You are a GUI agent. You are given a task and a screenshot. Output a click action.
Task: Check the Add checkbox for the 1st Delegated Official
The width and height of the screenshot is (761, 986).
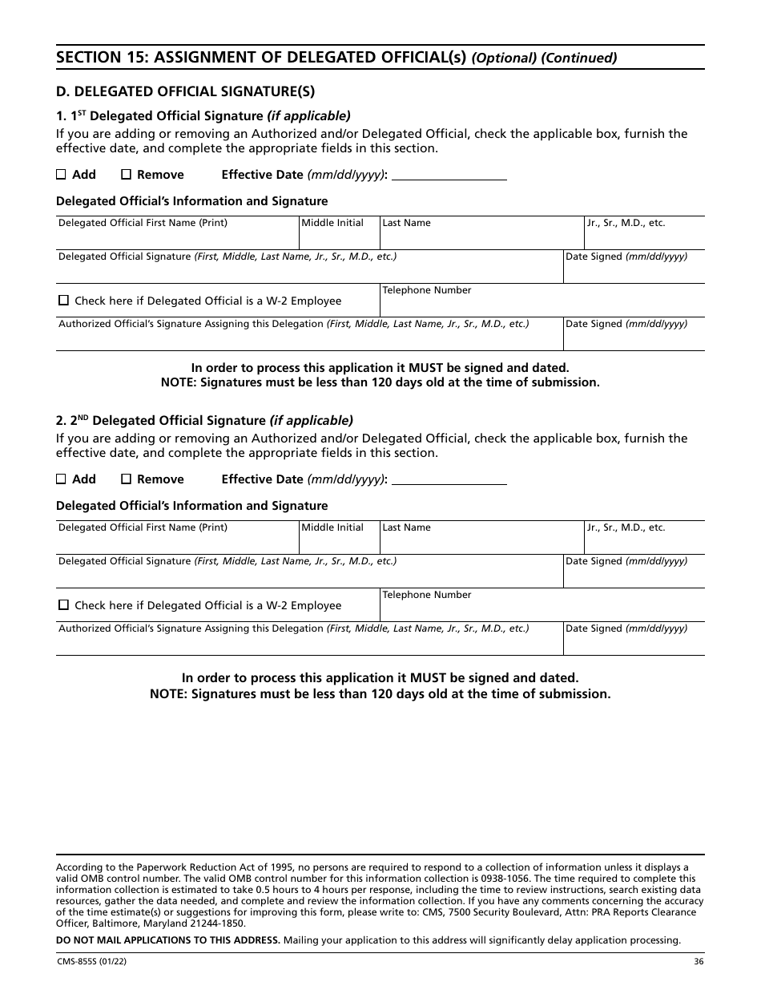(x=62, y=175)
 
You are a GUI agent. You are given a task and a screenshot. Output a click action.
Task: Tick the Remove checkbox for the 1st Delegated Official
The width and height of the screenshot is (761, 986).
(x=126, y=175)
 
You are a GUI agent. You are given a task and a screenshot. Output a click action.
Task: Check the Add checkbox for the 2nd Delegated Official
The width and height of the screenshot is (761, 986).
(x=62, y=479)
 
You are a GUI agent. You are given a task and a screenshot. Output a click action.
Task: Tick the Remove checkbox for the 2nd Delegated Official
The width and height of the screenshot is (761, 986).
(x=126, y=479)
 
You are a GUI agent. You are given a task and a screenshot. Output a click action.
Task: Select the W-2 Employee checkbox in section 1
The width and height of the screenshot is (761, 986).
(x=64, y=301)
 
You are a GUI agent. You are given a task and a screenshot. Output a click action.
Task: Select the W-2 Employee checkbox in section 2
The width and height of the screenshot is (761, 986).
(x=64, y=605)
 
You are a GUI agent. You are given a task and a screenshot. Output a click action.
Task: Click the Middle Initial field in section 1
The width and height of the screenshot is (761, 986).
(x=339, y=237)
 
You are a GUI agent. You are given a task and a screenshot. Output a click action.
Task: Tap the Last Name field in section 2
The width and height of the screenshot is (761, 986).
(x=481, y=542)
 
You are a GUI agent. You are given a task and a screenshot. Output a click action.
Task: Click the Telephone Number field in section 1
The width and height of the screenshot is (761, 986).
(x=542, y=305)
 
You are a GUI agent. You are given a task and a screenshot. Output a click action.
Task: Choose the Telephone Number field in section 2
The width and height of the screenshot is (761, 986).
(x=542, y=609)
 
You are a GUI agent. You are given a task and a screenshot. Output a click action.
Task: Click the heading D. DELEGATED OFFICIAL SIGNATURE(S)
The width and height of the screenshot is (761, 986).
(x=185, y=91)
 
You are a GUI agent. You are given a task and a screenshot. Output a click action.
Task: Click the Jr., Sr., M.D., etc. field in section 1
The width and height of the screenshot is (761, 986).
(x=644, y=237)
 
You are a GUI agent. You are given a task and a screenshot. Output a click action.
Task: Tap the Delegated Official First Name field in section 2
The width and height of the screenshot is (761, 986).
(x=177, y=542)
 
